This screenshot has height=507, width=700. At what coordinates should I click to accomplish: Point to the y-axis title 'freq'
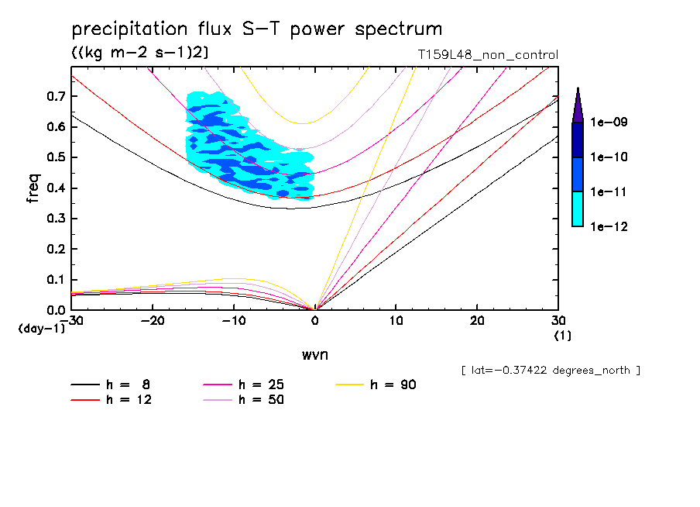pyautogui.click(x=33, y=189)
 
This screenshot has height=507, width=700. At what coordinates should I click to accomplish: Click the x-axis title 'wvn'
pyautogui.click(x=314, y=354)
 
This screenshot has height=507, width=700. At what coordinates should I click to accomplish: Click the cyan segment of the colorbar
pyautogui.click(x=577, y=209)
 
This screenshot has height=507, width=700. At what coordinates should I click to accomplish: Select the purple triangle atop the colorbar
pyautogui.click(x=577, y=106)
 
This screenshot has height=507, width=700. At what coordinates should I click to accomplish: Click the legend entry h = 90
pyautogui.click(x=377, y=385)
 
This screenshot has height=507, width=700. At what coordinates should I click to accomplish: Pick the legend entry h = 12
pyautogui.click(x=112, y=400)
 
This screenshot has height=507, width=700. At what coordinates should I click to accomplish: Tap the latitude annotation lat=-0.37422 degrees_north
pyautogui.click(x=551, y=371)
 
